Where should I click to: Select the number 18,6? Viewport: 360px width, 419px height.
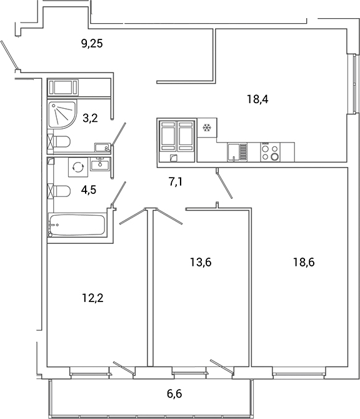(x=304, y=262)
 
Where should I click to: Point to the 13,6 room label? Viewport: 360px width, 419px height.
(x=201, y=262)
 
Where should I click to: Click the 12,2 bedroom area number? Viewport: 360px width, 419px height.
(x=92, y=298)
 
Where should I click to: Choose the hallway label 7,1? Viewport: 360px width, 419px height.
(x=177, y=183)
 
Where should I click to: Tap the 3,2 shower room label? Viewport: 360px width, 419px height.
(x=90, y=117)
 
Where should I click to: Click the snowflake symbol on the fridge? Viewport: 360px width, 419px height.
(x=206, y=128)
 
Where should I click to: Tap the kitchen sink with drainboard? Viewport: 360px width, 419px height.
(x=237, y=152)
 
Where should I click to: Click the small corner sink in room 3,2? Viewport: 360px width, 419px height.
(x=102, y=148)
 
